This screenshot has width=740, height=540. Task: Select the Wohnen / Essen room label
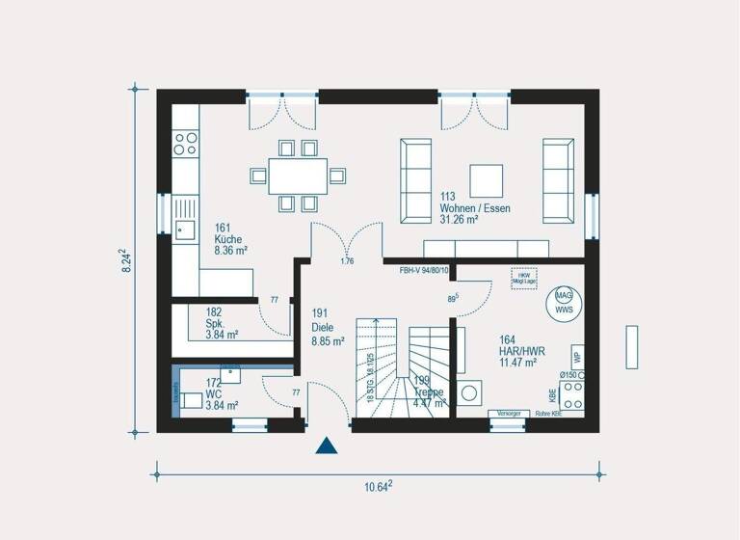coord(474,208)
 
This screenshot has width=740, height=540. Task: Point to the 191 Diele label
coord(328,327)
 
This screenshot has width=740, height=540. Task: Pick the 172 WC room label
coord(221,394)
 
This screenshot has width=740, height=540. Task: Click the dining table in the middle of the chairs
coord(297,175)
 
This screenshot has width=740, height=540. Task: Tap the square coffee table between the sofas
coord(486,180)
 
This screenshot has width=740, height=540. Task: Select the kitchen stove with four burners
coord(185,144)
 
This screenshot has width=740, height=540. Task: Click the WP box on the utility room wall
coord(577,358)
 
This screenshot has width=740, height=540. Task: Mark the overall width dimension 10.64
coord(377,486)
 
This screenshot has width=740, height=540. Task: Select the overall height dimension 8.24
coord(126,261)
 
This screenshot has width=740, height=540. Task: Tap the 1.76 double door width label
coord(348,261)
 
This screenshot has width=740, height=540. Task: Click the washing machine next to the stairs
coord(471,393)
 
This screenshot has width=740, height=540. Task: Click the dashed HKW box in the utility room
coord(523,277)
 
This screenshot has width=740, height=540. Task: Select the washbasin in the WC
coord(230,374)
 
